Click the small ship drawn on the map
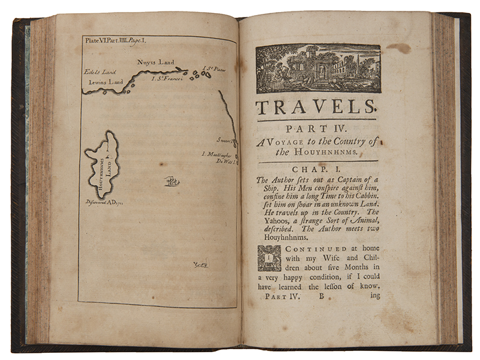pos(172,179)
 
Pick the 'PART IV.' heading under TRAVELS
pos(317,128)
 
